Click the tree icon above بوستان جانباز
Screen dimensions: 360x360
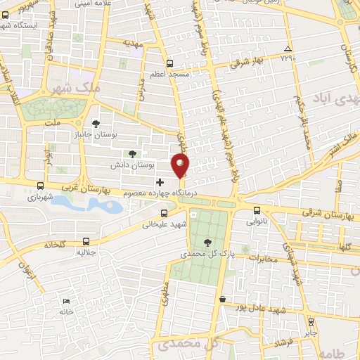pos(96,124)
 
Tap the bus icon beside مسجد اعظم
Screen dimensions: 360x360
pos(169,61)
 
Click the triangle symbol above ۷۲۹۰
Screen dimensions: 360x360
pos(287,49)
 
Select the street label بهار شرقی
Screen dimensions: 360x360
pos(249,61)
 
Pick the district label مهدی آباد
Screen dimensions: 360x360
pos(330,98)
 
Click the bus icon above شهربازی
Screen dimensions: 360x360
pos(40,186)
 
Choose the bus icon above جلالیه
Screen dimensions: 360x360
pos(86,240)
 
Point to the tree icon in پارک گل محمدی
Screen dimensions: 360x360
pos(205,243)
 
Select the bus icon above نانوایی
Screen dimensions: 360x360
pos(256,210)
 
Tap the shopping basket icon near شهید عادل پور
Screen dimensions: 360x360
pos(223,299)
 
